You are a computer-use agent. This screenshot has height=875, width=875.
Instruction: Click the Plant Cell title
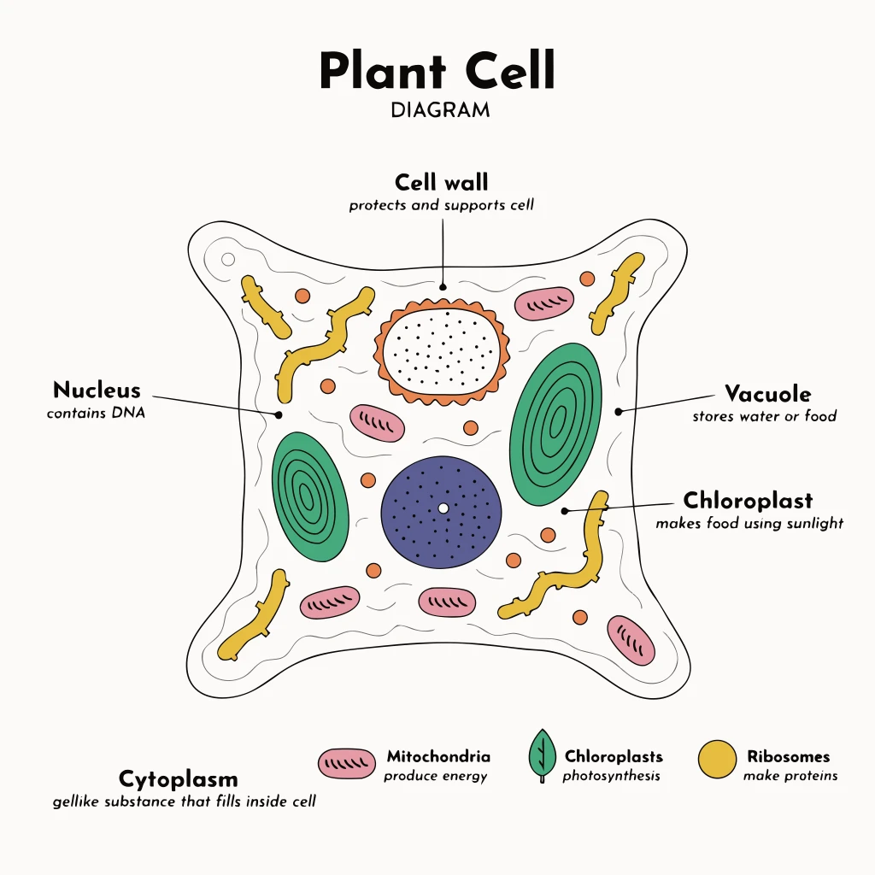click(437, 72)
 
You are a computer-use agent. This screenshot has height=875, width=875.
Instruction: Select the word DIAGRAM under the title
click(440, 110)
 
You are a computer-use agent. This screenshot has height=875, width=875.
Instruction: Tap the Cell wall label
click(442, 183)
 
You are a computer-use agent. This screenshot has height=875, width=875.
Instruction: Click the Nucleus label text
click(97, 391)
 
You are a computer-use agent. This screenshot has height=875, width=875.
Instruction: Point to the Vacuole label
click(767, 394)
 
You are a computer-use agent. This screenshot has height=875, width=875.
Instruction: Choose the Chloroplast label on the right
click(748, 500)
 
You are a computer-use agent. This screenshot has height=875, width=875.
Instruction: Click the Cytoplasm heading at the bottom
click(178, 779)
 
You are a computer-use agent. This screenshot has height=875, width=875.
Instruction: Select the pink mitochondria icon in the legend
click(347, 763)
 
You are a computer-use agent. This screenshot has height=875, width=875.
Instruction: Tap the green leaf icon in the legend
click(541, 756)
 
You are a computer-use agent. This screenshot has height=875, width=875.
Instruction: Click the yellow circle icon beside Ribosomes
click(717, 760)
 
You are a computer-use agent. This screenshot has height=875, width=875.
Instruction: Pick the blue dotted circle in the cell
click(441, 512)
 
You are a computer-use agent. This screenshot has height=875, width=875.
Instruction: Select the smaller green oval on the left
click(310, 496)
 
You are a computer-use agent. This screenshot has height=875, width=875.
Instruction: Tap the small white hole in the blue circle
click(443, 508)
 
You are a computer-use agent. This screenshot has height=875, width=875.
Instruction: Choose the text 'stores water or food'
click(764, 417)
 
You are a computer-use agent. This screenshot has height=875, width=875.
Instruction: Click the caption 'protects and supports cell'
click(441, 206)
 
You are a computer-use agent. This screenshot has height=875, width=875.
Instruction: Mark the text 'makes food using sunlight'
click(749, 523)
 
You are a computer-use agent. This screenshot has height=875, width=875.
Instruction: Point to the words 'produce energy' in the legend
click(435, 776)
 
